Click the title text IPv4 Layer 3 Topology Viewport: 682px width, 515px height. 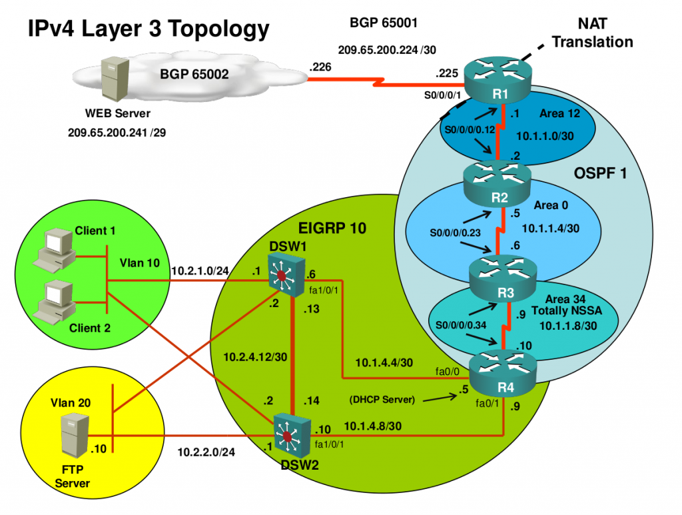pyautogui.click(x=148, y=29)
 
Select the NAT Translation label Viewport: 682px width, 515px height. pyautogui.click(x=592, y=34)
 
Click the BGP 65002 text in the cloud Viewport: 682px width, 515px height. pyautogui.click(x=194, y=74)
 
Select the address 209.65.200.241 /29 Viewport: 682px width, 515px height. pyautogui.click(x=117, y=132)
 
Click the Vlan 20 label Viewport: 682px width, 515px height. pyautogui.click(x=70, y=402)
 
